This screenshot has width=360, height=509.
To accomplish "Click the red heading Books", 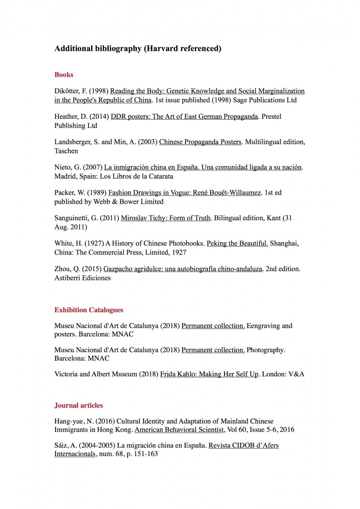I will [x=64, y=75].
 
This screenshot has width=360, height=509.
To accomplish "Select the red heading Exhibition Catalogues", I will [x=89, y=310].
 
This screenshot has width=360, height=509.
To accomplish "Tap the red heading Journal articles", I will [x=79, y=406].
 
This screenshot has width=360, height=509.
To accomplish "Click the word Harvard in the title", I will [x=162, y=49].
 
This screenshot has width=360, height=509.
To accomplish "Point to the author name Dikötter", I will [x=67, y=91].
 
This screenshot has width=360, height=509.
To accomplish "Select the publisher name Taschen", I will [x=66, y=151].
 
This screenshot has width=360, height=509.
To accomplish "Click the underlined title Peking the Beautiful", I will [x=237, y=243].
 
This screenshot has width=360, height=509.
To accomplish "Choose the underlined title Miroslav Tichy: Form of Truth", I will [x=166, y=218].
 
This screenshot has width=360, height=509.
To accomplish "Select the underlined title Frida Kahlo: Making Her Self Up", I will [x=209, y=374].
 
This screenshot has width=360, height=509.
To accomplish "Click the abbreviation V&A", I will [x=296, y=374].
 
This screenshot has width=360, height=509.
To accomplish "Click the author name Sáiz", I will [x=62, y=445].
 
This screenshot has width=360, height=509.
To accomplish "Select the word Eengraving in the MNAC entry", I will [x=264, y=326].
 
